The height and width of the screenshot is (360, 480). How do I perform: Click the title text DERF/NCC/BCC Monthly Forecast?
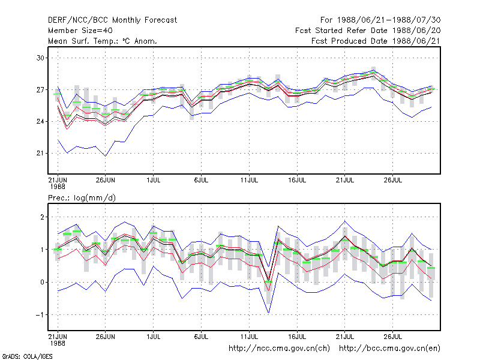point(112,20)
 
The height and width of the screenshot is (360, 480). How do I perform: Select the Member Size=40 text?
point(80,31)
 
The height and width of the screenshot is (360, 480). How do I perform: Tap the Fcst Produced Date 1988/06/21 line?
point(376,41)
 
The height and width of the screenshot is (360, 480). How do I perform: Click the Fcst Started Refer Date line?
point(368,31)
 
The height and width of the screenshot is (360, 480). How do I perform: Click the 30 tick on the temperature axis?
point(40,58)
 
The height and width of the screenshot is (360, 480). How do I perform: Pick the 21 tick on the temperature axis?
point(40,153)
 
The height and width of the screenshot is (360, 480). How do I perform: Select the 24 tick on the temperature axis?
point(40,122)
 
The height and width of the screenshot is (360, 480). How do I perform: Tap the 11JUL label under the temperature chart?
point(249,180)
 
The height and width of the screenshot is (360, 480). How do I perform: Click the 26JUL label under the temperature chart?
point(393,180)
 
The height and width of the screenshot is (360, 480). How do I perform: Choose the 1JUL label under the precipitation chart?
point(154,337)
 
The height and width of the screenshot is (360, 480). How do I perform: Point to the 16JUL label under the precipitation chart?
point(297,337)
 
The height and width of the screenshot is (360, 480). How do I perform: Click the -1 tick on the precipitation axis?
point(40,314)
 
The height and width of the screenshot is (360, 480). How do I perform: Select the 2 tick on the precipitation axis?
point(42,217)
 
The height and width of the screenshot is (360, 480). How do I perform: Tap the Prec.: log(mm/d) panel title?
point(82,198)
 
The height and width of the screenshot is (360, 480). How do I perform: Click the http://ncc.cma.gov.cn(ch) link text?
point(279,349)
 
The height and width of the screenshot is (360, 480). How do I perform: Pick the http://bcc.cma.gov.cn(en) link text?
point(389,349)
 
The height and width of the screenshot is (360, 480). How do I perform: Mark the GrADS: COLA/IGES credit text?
point(27,356)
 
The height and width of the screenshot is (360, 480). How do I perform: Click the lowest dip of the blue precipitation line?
point(268,313)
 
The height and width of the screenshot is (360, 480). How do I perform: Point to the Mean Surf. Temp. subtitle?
point(103,41)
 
